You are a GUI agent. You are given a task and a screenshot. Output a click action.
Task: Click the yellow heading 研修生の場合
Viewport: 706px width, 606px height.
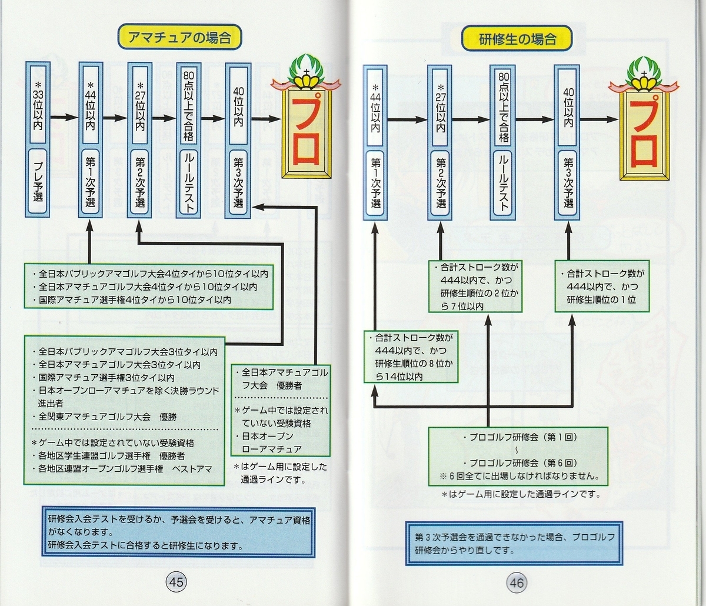point(517,39)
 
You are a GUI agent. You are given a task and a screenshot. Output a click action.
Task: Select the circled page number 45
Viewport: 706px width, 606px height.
point(176,582)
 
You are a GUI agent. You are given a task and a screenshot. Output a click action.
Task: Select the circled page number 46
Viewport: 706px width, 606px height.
point(517,583)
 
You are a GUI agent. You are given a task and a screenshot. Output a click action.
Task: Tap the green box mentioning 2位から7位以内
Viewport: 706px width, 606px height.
point(474,287)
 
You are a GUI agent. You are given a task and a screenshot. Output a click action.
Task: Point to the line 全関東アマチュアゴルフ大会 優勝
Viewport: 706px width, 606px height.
point(109,417)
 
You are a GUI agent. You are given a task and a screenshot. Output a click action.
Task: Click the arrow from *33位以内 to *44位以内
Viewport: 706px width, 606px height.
point(65,118)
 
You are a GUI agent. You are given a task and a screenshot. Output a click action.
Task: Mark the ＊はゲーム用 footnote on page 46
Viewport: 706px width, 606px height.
point(521,495)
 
